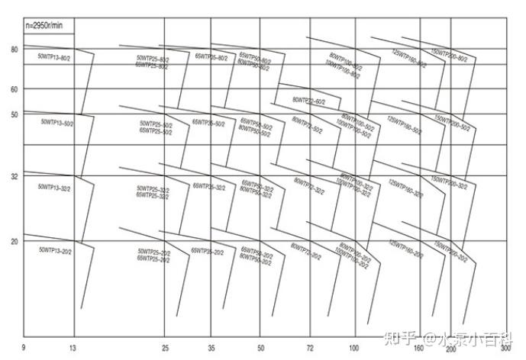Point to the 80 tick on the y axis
click(x=14, y=50)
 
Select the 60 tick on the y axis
click(x=14, y=89)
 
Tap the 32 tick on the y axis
click(x=14, y=176)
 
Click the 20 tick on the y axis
click(x=14, y=241)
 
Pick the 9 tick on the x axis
click(x=24, y=348)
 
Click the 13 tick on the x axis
click(x=73, y=348)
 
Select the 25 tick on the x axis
click(x=165, y=348)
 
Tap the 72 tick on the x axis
click(x=309, y=348)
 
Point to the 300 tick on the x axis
click(x=505, y=348)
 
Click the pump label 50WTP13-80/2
click(x=54, y=58)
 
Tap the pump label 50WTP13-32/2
click(x=54, y=186)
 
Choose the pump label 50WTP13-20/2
click(x=54, y=249)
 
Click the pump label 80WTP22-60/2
click(x=308, y=100)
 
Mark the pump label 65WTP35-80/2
click(x=211, y=56)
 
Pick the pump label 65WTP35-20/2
click(x=208, y=250)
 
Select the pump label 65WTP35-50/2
click(x=208, y=122)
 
